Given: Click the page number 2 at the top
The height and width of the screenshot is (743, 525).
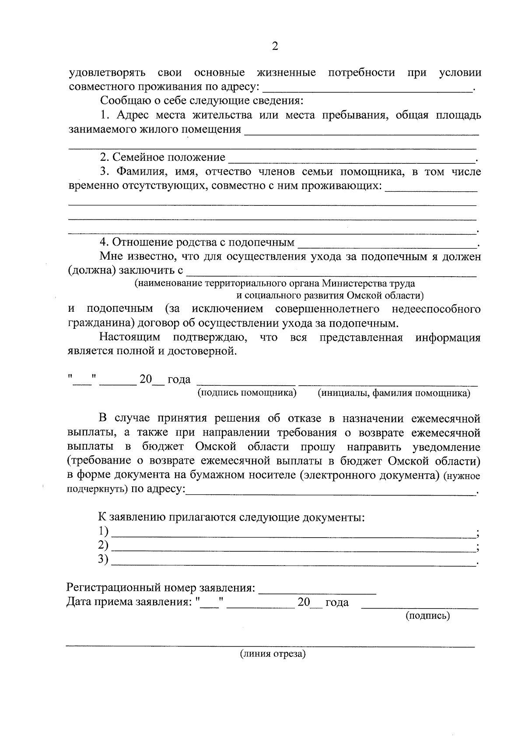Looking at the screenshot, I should pos(275,46).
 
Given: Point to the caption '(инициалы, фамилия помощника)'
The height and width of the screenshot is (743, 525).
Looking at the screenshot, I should pos(394,393).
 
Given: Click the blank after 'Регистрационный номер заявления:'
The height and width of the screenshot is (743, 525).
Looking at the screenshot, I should pos(318,591).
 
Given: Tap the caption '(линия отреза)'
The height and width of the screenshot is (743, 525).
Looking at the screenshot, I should pos(272,654).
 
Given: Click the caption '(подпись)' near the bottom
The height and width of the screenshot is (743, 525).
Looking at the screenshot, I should pos(427,616).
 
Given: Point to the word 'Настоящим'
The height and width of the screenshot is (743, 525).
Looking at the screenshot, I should pos(129,338).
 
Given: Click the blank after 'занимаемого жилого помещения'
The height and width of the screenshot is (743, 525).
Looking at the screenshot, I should pos(361,132).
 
